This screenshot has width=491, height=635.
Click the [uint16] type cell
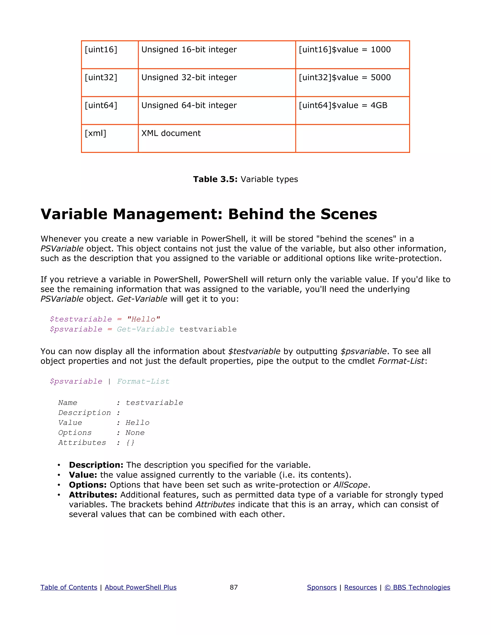click(x=101, y=50)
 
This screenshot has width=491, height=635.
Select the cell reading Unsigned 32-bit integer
click(x=189, y=78)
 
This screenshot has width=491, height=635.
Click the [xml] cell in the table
click(x=95, y=133)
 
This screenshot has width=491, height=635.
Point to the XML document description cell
click(x=171, y=133)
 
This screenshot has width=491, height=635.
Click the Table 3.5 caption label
click(x=216, y=179)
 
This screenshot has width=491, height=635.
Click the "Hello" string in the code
click(x=143, y=319)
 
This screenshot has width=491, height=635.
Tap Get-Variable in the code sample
click(x=146, y=329)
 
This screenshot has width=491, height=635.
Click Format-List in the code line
click(x=143, y=381)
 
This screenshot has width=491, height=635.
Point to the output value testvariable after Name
click(x=154, y=403)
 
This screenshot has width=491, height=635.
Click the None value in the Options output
click(x=135, y=433)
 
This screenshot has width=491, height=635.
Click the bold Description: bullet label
click(x=96, y=465)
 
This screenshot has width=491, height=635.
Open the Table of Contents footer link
click(x=69, y=588)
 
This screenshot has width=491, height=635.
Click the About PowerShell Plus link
click(x=140, y=588)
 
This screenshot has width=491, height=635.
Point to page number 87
click(x=234, y=588)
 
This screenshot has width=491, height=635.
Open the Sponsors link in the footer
click(x=322, y=588)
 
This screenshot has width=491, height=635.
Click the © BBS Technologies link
click(x=417, y=588)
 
